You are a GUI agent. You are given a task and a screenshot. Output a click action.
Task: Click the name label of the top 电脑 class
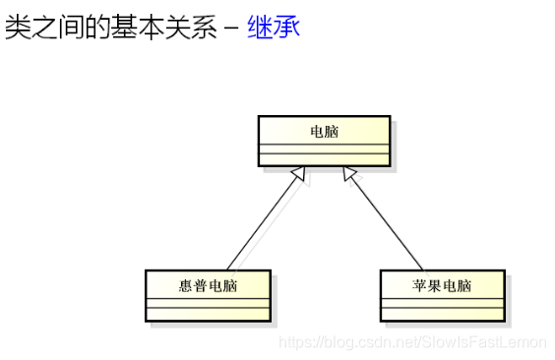324,131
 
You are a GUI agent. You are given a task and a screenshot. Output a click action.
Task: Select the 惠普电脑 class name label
208,286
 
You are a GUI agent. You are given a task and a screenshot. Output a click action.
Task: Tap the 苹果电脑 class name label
442,286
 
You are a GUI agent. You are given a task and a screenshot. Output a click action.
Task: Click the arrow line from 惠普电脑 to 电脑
261,226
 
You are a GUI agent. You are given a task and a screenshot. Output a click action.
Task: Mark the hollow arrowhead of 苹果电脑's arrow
348,175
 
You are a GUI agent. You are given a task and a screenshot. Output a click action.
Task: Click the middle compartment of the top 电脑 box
324,149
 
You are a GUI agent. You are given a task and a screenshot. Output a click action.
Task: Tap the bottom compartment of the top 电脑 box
324,160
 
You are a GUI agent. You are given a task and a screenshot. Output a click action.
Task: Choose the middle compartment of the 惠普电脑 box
208,303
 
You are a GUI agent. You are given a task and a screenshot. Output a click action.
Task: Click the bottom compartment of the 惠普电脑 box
208,315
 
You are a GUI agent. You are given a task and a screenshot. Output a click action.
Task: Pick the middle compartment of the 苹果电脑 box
442,303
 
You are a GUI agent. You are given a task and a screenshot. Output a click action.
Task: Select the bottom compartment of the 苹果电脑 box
442,315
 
